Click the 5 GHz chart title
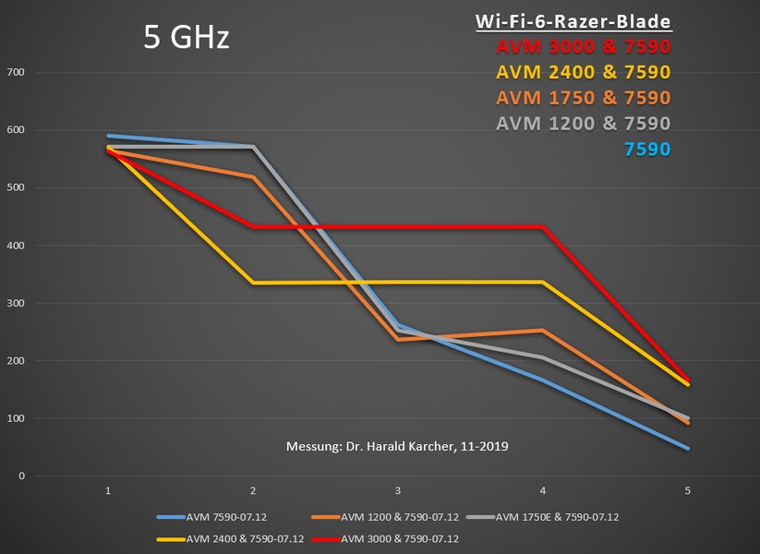186,37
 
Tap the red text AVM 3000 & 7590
583,47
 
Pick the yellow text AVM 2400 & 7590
583,72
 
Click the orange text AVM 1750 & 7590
583,97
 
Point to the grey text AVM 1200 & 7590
583,122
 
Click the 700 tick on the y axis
15,72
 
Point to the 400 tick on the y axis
15,246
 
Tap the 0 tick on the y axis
20,476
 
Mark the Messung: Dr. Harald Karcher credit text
397,446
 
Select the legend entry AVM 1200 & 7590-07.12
403,517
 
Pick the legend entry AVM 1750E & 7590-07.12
557,517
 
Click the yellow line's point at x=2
253,283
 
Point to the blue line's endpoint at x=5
687,449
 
